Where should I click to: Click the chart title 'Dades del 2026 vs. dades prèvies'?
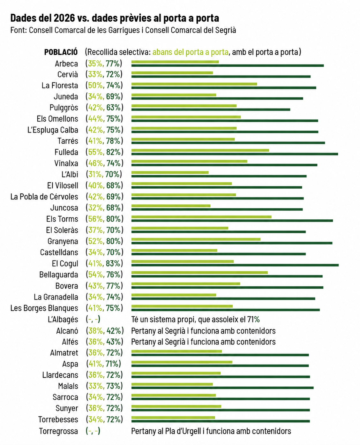click(x=115, y=18)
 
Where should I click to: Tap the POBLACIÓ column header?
click(x=61, y=52)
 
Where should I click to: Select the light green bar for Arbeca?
click(x=175, y=62)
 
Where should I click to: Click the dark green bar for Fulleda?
click(x=235, y=154)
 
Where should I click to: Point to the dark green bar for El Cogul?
click(x=235, y=265)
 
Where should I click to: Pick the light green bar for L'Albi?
click(x=170, y=172)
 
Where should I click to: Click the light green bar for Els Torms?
click(x=201, y=217)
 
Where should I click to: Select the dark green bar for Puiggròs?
click(x=211, y=109)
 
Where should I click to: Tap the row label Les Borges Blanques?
click(x=44, y=308)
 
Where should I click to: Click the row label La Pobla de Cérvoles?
click(x=44, y=197)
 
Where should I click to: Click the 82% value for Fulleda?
click(x=113, y=152)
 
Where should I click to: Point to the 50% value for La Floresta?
click(x=95, y=86)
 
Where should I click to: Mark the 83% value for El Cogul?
click(x=113, y=263)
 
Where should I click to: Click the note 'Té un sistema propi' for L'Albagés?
click(x=195, y=320)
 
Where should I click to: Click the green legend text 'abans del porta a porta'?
click(x=190, y=52)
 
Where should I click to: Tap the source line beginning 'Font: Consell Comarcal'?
click(x=123, y=30)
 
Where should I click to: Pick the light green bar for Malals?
click(x=172, y=384)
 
